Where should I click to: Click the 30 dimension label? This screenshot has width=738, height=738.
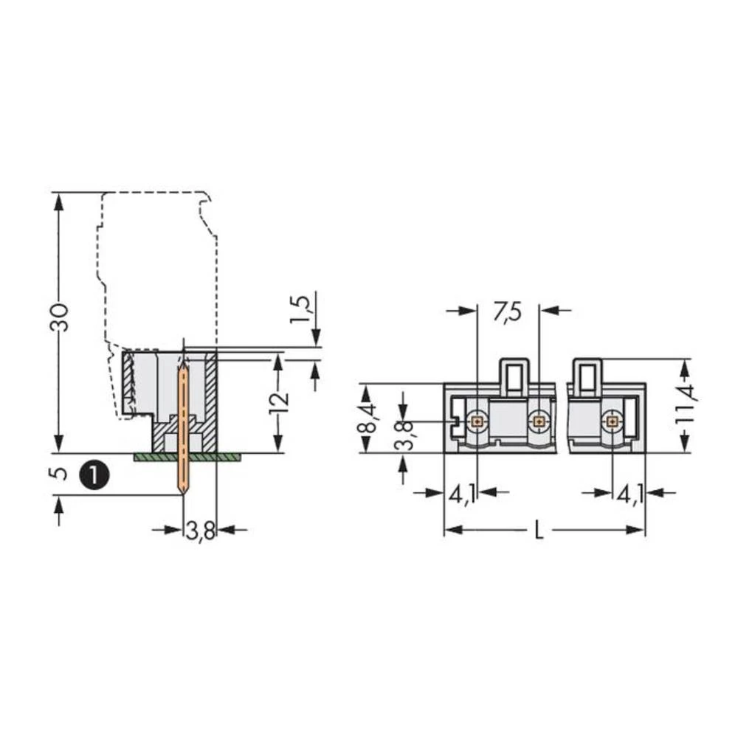pyautogui.click(x=62, y=317)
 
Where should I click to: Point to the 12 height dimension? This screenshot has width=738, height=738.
pyautogui.click(x=278, y=402)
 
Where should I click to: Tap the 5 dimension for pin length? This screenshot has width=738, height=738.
pyautogui.click(x=62, y=472)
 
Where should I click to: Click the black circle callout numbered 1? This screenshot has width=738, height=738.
pyautogui.click(x=95, y=473)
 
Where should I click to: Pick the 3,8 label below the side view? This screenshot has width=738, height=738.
pyautogui.click(x=199, y=530)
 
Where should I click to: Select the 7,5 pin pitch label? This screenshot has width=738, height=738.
pyautogui.click(x=507, y=312)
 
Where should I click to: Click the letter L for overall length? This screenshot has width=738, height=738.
pyautogui.click(x=539, y=531)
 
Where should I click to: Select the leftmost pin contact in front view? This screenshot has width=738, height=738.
pyautogui.click(x=478, y=421)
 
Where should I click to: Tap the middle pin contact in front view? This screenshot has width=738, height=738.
pyautogui.click(x=539, y=421)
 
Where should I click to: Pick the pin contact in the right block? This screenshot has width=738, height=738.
pyautogui.click(x=612, y=421)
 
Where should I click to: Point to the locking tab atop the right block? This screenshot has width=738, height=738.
pyautogui.click(x=587, y=374)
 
